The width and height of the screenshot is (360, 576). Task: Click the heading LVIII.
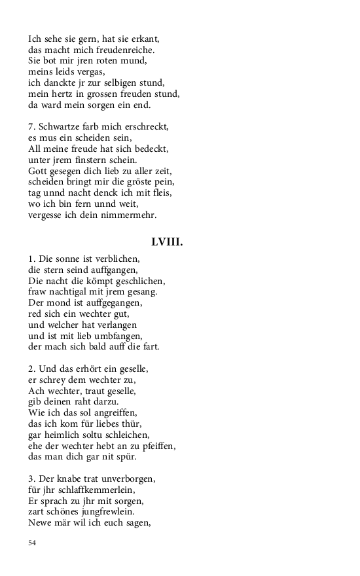pyautogui.click(x=167, y=242)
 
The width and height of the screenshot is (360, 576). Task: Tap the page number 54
pyautogui.click(x=33, y=543)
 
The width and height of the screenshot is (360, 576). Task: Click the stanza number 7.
pyautogui.click(x=31, y=126)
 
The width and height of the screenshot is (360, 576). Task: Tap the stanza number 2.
pyautogui.click(x=31, y=369)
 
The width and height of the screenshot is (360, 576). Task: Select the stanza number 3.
pyautogui.click(x=31, y=479)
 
